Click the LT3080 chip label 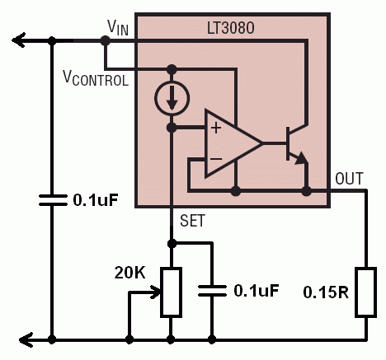[230, 28]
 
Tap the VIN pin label [118, 28]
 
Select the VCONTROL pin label [96, 78]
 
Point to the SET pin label [192, 221]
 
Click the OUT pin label [349, 179]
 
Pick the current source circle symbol [172, 98]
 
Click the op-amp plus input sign [216, 129]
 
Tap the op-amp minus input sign [216, 159]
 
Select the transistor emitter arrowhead [301, 159]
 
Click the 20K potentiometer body [171, 292]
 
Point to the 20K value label [129, 273]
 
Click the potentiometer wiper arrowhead [155, 292]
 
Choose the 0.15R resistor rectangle [366, 292]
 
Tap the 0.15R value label [326, 292]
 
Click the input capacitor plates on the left [53, 200]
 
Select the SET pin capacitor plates [212, 291]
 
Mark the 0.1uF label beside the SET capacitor [257, 291]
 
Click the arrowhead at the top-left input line [19, 40]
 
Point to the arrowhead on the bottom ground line [26, 340]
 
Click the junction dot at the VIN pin [105, 40]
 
